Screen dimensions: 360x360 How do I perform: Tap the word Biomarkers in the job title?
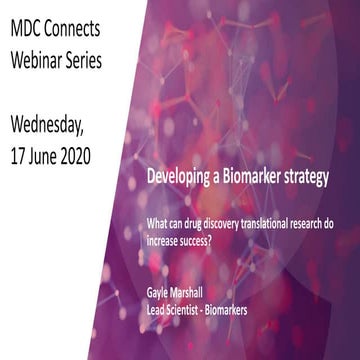pyautogui.click(x=257, y=310)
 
